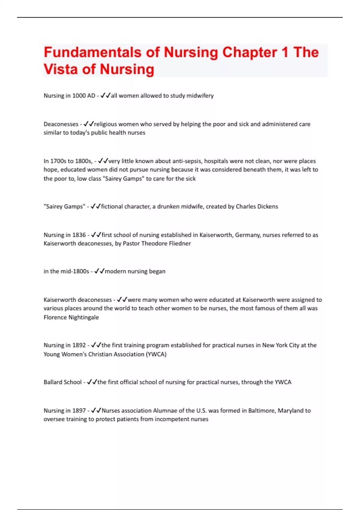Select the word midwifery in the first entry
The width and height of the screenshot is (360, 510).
[200, 96]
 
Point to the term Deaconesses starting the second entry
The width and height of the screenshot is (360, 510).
[61, 124]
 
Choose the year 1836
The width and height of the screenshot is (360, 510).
[79, 235]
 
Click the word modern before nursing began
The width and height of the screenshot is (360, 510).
[115, 271]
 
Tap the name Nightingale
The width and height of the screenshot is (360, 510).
[82, 317]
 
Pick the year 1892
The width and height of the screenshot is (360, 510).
[79, 345]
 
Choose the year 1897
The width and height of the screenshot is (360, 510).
[79, 410]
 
